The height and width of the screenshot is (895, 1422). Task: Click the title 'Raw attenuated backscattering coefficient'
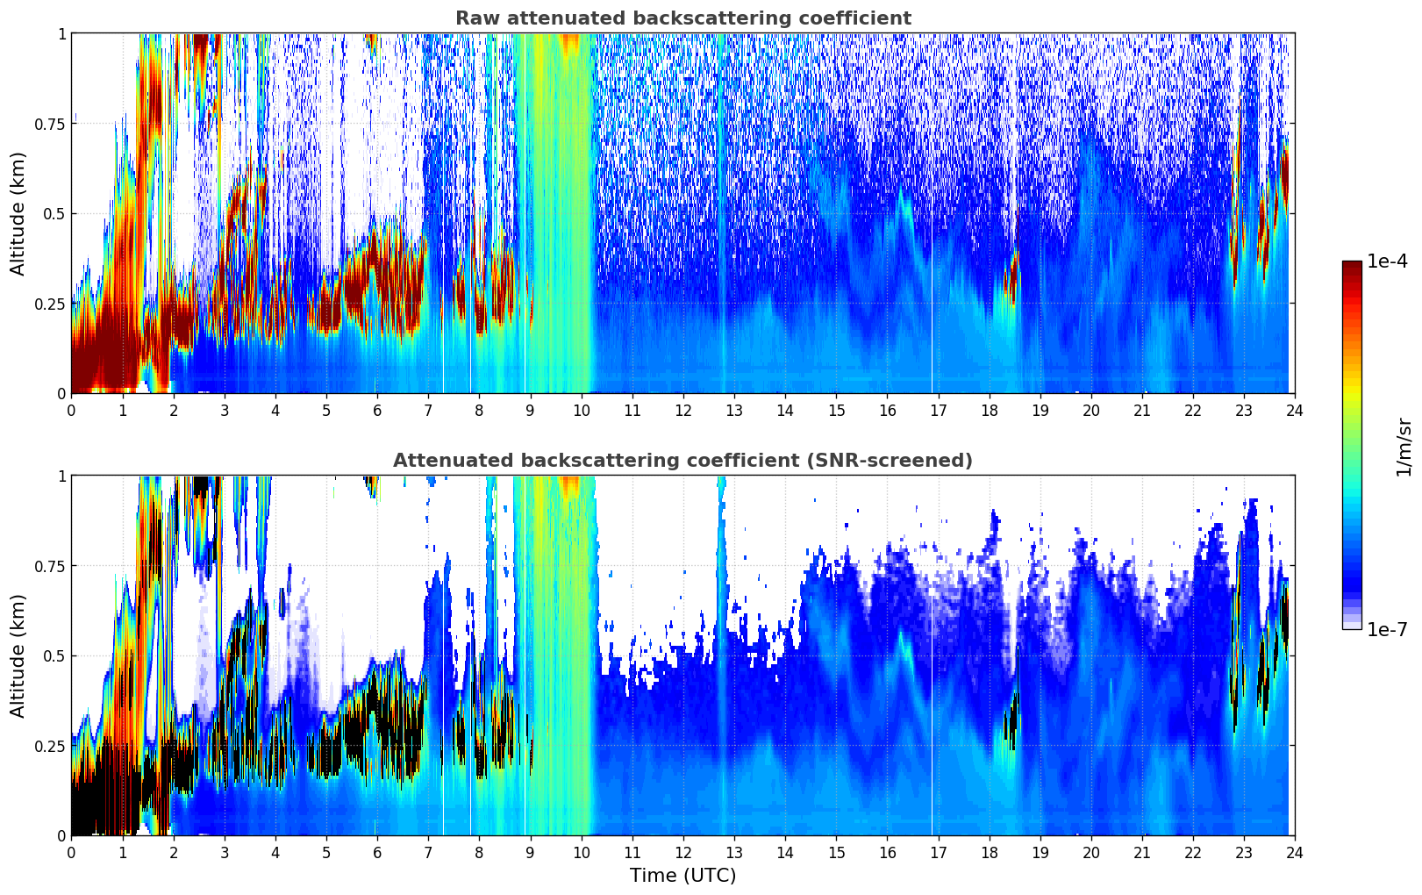[682, 18]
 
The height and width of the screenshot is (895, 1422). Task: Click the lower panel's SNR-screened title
[682, 461]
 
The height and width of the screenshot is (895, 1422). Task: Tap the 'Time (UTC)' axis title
[682, 876]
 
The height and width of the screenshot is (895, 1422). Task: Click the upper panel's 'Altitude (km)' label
[18, 213]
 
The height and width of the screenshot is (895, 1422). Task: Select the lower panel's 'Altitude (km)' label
[18, 655]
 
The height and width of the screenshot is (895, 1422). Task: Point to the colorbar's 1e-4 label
[1387, 261]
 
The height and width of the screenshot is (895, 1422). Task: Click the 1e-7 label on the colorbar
[1387, 629]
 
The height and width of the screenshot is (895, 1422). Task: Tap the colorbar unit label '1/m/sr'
[1404, 447]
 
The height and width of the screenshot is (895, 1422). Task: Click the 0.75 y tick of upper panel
[49, 124]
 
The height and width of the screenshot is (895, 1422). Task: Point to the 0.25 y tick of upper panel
[49, 304]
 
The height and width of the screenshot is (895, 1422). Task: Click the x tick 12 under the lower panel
[682, 852]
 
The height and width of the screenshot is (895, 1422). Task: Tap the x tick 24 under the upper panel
[1294, 410]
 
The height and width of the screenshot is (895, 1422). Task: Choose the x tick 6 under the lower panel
[377, 852]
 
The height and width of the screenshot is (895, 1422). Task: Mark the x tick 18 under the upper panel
[989, 410]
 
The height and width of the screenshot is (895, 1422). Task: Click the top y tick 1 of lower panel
[61, 476]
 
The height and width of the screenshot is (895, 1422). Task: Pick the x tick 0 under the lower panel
[72, 852]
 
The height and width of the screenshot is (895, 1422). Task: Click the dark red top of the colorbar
[1351, 265]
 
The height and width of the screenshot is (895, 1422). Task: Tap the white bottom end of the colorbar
[1351, 626]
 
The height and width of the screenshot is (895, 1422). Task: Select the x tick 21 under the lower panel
[1141, 852]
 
